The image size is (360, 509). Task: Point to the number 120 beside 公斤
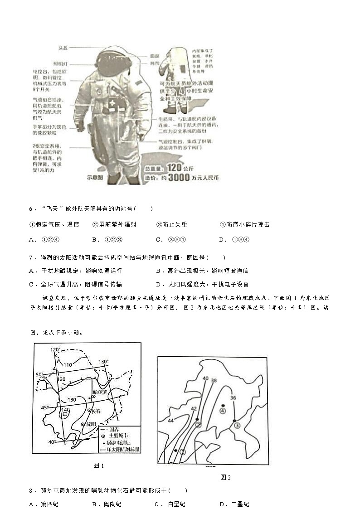tap(174, 168)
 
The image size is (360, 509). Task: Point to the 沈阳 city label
tap(90, 424)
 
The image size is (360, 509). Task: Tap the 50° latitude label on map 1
tap(40, 374)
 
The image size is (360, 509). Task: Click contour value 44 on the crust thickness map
tap(171, 421)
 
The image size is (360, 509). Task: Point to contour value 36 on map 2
tap(233, 398)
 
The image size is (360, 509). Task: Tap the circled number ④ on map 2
tap(223, 411)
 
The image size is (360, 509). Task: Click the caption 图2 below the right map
tap(225, 477)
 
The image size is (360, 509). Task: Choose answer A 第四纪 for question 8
tap(44, 504)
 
